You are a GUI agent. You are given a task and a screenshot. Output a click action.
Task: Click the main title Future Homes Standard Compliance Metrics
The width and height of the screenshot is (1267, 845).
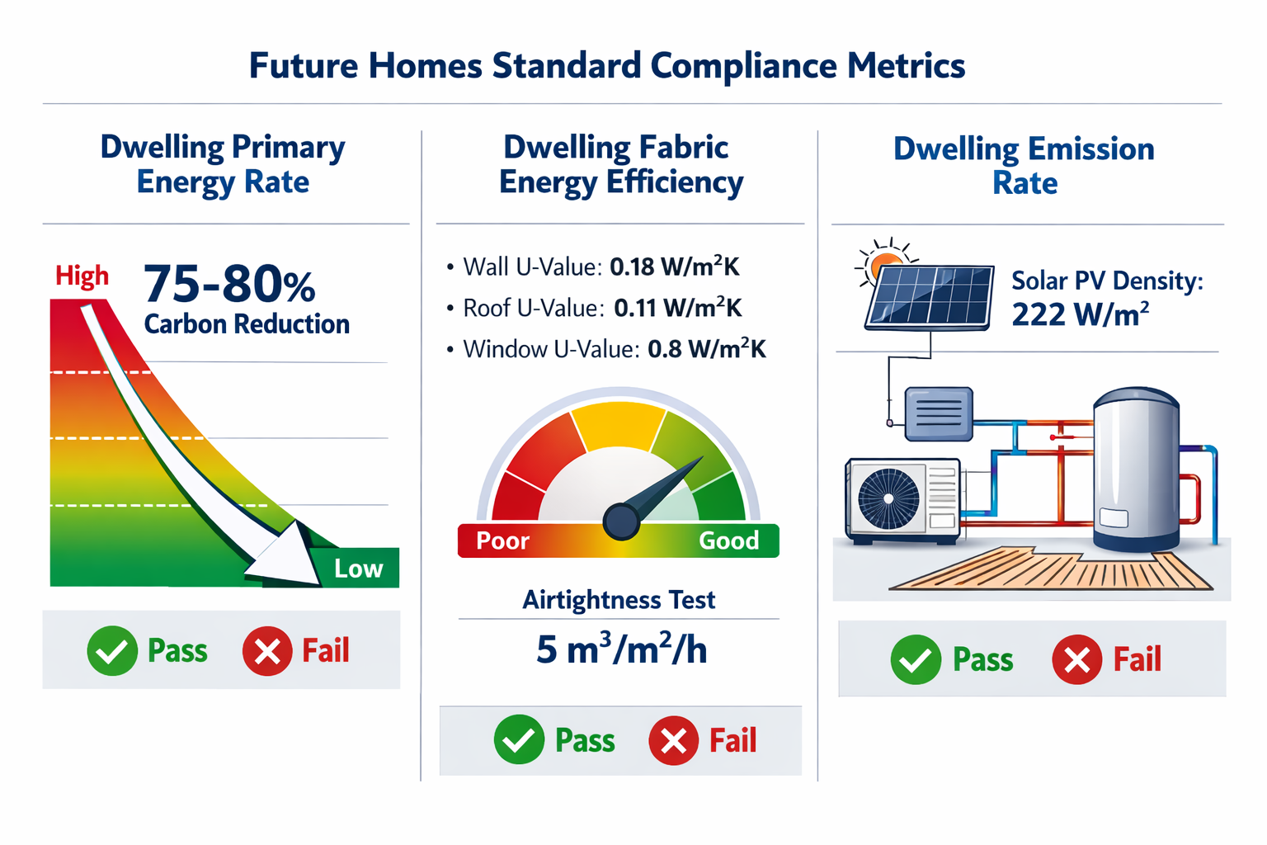point(607,66)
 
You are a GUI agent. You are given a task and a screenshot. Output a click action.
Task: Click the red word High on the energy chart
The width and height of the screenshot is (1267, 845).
point(82,276)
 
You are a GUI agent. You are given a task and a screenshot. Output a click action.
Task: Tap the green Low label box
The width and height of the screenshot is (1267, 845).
point(358,569)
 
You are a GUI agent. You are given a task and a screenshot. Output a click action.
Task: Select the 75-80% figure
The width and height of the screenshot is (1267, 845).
point(229,285)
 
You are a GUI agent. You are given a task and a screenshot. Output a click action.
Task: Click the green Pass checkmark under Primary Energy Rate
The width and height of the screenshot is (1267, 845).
point(112,651)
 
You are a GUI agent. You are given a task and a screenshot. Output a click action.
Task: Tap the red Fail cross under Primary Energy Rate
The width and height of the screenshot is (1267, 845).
point(267,651)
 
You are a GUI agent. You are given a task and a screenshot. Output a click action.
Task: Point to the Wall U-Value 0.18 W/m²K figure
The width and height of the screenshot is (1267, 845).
point(674,267)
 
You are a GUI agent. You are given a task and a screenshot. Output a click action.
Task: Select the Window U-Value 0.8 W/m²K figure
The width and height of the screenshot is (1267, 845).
point(706,349)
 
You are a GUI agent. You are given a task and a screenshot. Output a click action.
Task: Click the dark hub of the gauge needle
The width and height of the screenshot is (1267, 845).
point(621,521)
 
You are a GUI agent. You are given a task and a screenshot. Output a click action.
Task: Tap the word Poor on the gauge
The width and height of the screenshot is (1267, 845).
point(502,541)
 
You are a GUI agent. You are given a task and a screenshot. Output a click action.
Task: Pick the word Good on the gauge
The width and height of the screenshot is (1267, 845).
point(728,541)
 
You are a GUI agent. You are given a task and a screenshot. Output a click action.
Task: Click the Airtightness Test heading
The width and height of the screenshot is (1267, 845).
point(619,600)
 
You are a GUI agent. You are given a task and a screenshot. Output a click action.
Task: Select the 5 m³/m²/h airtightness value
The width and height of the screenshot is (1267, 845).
point(621,649)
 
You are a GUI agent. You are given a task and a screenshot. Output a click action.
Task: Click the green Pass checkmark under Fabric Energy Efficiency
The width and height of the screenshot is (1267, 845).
point(519,739)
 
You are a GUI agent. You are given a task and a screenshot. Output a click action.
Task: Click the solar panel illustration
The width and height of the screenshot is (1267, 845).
point(930,297)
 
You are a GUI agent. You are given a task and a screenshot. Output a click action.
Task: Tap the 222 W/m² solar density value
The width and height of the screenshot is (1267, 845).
point(1080,314)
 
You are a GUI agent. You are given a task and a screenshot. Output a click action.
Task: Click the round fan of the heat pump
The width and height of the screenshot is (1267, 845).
point(888,498)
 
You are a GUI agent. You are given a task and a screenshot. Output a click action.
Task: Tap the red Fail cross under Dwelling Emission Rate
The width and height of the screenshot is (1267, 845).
point(1076,660)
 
